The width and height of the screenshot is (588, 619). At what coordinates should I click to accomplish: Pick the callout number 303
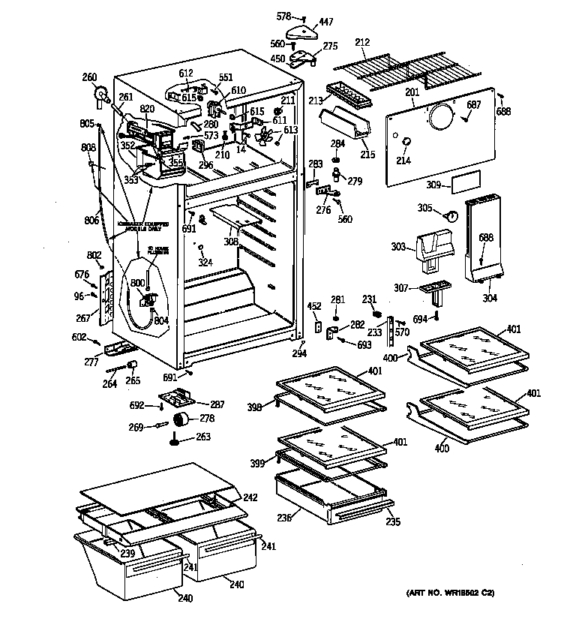tap(398, 246)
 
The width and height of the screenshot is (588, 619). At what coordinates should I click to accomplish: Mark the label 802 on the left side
tap(94, 255)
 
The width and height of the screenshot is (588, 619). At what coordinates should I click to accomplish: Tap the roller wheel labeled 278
tap(182, 419)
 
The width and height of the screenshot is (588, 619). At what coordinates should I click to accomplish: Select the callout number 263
tap(203, 437)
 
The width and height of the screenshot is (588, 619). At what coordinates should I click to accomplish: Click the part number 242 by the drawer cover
tap(250, 497)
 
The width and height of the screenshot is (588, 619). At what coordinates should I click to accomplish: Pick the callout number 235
tap(392, 522)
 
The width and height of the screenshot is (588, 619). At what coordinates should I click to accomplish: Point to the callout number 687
tap(474, 104)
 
